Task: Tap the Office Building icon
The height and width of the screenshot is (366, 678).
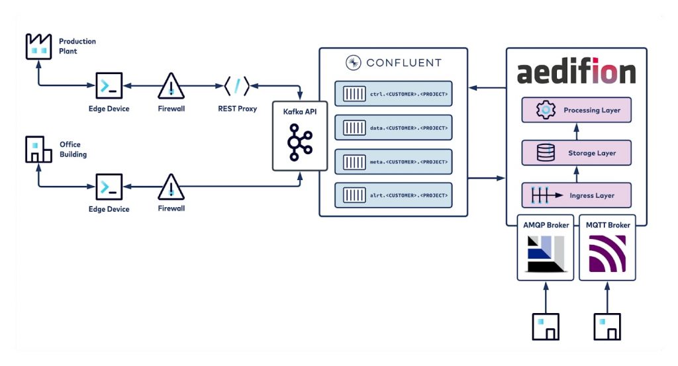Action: coord(38,150)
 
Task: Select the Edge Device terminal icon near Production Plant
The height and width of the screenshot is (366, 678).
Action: coord(109,85)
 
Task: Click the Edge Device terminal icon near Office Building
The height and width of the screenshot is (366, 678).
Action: coord(109,187)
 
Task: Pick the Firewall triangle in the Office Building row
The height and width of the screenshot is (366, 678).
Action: coord(171,187)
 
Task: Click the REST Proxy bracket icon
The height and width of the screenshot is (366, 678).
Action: coord(236,86)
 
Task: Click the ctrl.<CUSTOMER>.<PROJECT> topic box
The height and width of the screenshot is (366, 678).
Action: coord(393,93)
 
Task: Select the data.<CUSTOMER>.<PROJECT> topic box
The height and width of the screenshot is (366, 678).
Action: coord(393,127)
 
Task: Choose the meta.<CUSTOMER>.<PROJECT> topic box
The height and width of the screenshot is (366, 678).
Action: coord(393,161)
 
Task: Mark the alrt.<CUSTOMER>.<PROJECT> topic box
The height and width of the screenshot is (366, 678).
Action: coord(393,195)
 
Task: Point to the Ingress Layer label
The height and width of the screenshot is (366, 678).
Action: coord(591,196)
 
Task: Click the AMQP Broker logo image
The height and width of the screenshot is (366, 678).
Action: coord(545,255)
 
